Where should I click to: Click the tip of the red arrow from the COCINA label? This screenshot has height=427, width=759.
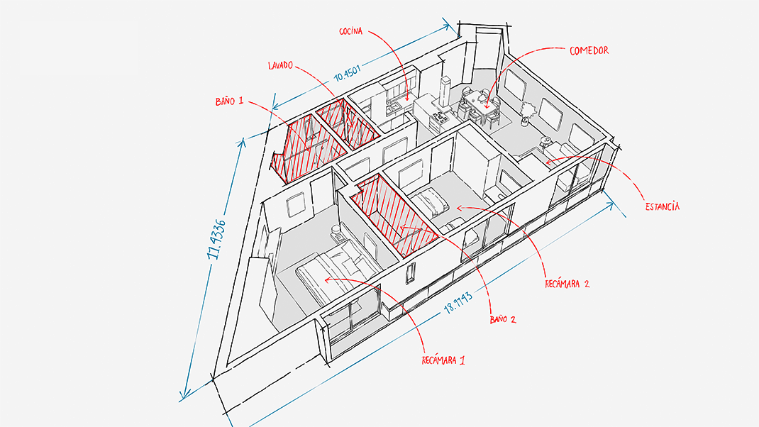(408, 101)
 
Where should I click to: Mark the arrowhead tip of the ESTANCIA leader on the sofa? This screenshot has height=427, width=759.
(546, 162)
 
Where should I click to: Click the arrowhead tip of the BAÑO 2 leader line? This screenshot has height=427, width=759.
(401, 226)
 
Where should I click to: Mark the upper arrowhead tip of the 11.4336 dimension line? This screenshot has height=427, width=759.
(242, 140)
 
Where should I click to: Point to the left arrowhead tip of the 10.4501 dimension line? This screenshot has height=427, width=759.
(272, 108)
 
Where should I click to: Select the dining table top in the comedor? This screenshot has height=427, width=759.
(481, 102)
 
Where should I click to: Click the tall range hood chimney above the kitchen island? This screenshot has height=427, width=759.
(444, 92)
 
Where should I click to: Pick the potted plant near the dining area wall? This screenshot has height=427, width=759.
(526, 113)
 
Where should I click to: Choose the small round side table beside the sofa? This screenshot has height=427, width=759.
(545, 142)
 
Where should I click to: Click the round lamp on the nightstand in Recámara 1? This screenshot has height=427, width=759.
(335, 230)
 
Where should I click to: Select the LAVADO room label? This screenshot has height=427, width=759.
(280, 65)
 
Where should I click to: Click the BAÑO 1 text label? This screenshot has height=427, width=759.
(229, 101)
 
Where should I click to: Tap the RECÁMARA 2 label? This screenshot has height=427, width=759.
(567, 284)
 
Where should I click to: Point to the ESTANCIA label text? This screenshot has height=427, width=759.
(663, 206)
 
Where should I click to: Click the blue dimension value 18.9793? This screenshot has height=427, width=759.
(458, 303)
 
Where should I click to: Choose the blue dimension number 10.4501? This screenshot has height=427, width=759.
(348, 74)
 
